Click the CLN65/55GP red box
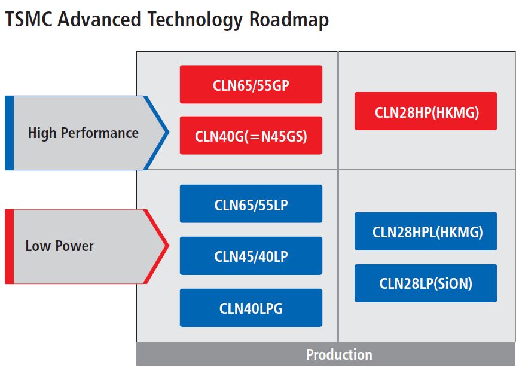(251, 84)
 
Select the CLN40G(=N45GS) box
(251, 136)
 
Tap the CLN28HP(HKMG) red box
(426, 111)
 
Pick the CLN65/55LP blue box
(251, 204)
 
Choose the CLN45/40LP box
(251, 256)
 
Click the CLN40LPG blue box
(251, 308)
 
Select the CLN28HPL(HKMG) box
(426, 231)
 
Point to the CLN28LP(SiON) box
(426, 283)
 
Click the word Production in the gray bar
(339, 354)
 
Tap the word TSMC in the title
(29, 19)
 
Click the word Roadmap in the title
(289, 20)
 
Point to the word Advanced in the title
(99, 19)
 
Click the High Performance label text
(83, 133)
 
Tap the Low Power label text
(60, 246)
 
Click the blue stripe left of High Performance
(9, 133)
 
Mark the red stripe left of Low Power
(9, 247)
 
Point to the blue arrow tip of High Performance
(169, 133)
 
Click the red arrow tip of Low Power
(169, 246)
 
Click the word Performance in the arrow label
(100, 133)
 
